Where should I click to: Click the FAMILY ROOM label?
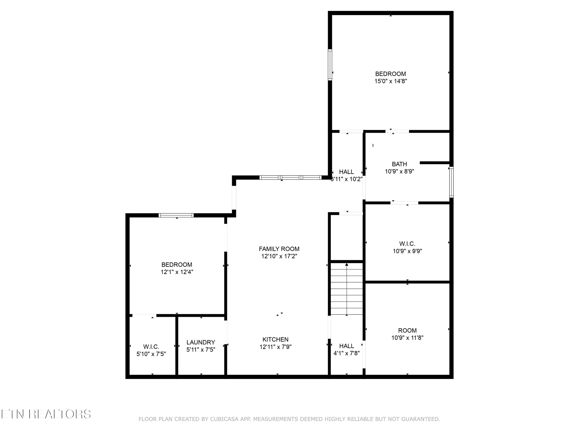coord(279,249)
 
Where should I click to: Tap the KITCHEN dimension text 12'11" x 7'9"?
coord(275,347)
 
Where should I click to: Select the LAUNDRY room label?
coord(201,342)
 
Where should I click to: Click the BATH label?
coord(399,164)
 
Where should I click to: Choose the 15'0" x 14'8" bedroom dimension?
coord(391,81)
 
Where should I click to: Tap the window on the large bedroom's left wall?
coord(330,65)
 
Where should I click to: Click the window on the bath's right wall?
coord(451,182)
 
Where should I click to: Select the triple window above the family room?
coord(290,177)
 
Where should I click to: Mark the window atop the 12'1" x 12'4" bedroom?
coord(176,215)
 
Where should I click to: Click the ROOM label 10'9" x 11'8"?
coord(407,330)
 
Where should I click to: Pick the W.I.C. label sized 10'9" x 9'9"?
coord(407,244)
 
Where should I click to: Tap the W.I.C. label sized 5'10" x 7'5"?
coord(151,347)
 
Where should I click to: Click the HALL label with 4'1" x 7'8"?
coord(347,346)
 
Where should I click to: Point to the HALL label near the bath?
coord(346,172)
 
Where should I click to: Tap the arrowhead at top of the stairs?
coord(347,264)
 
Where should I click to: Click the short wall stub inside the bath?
coord(434,163)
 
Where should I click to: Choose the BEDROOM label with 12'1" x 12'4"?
coord(177,264)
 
